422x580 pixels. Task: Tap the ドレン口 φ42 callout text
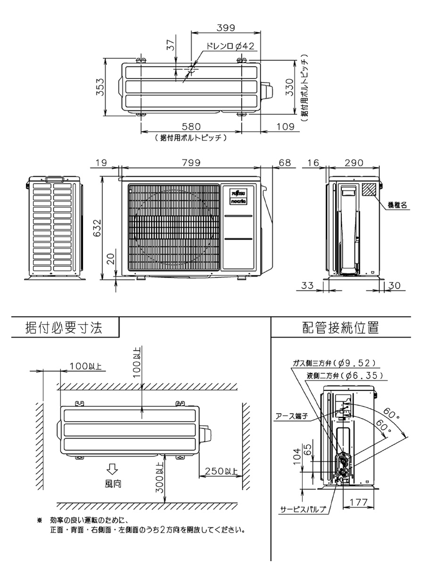(231, 46)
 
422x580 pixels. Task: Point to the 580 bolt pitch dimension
(191, 127)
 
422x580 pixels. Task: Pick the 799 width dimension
(191, 162)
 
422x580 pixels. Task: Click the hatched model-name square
(370, 189)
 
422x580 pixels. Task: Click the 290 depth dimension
(354, 162)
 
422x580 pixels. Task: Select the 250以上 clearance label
(220, 472)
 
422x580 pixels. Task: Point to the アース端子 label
(291, 416)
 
